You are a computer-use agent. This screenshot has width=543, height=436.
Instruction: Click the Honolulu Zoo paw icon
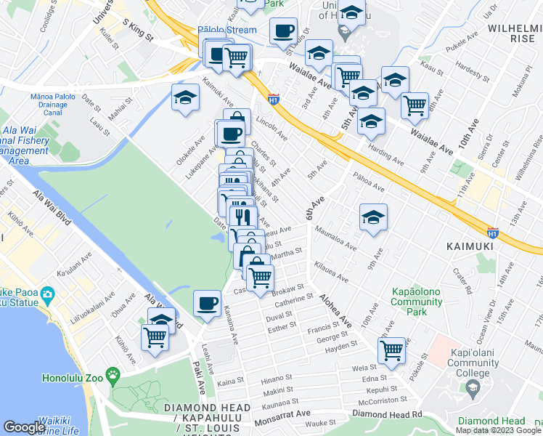[113, 375]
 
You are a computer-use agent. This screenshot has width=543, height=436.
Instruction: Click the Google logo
[24, 427]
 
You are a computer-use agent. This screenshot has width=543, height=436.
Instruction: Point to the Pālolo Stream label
[227, 30]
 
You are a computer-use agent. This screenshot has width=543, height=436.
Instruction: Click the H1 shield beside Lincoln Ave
[274, 97]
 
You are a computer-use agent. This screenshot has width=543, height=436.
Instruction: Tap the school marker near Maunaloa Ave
[373, 217]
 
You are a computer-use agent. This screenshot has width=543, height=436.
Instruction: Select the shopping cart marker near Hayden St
[392, 350]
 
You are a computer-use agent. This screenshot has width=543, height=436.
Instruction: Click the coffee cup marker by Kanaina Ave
[208, 302]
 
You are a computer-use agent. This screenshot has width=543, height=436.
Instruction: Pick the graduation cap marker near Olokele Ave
[185, 97]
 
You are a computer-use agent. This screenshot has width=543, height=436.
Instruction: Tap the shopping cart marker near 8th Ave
[415, 104]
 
